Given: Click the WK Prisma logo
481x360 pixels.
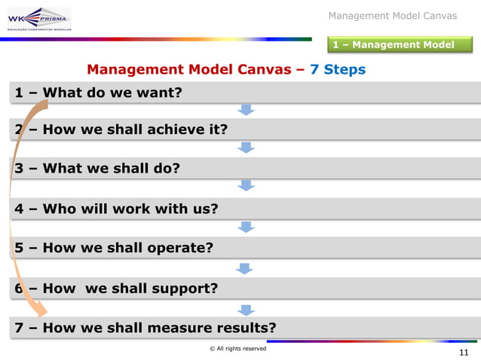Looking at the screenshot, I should click(x=38, y=19).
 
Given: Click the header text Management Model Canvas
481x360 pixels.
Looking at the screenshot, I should click(x=393, y=16).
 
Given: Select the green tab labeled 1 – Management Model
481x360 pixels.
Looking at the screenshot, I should click(x=394, y=44).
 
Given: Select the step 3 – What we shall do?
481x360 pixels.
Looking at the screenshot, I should click(x=97, y=168).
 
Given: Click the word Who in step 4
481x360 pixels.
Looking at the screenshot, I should click(x=59, y=208).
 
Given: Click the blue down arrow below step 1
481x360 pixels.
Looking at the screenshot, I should click(x=246, y=110).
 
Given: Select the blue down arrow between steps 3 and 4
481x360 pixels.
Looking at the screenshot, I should click(x=246, y=185).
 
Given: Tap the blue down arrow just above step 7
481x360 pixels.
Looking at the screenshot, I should click(x=246, y=309).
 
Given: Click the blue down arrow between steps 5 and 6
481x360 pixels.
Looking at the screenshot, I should click(x=244, y=267).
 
